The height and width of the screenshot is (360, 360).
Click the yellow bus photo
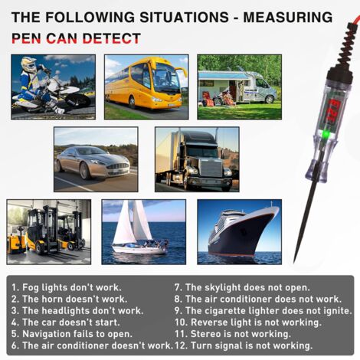click(x=146, y=87)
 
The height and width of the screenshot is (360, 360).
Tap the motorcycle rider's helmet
click(x=28, y=64)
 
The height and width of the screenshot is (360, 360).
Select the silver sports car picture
click(x=96, y=159)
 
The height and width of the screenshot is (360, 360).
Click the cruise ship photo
click(x=239, y=232)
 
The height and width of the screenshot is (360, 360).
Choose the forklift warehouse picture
click(x=49, y=232)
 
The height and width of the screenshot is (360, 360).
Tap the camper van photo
click(x=239, y=87)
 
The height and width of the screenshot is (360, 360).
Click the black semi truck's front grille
click(x=211, y=169)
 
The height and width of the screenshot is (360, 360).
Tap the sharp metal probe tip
click(x=294, y=261)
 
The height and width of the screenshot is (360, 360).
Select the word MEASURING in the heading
click(x=288, y=18)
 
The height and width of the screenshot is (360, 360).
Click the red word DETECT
click(x=111, y=38)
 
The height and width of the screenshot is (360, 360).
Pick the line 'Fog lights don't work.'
click(x=67, y=287)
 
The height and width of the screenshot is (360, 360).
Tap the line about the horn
click(x=69, y=299)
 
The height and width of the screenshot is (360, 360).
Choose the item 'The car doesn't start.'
click(x=66, y=322)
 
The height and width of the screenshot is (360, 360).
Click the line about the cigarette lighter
click(x=263, y=311)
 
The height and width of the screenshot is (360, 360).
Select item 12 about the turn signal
click(x=244, y=345)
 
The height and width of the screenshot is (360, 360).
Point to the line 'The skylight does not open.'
click(x=242, y=287)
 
